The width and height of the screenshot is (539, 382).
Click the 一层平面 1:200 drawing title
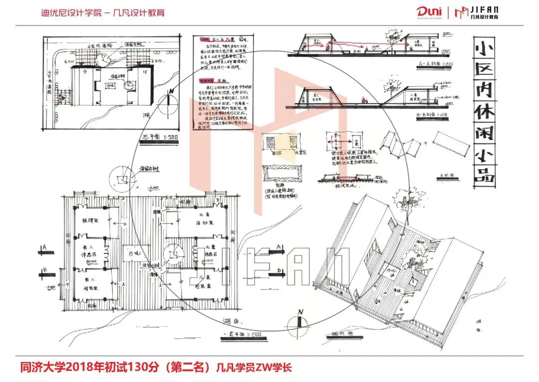click(242, 333)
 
